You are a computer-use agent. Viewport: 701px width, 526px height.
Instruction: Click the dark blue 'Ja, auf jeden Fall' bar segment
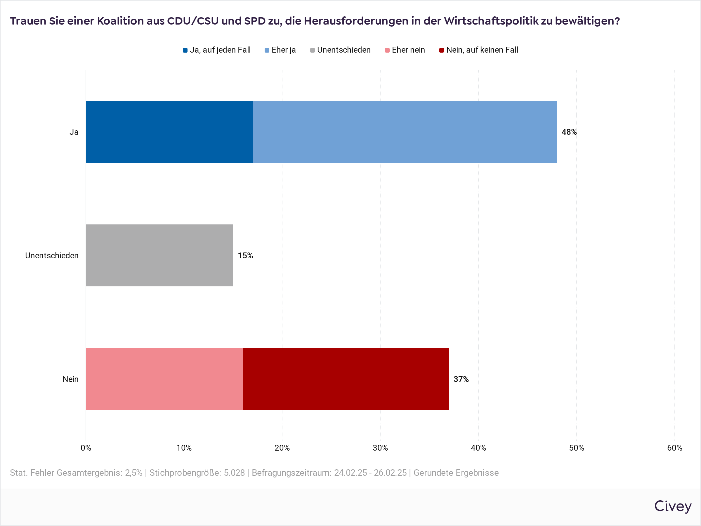(x=169, y=131)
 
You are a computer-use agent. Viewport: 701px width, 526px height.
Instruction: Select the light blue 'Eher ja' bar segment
(x=404, y=131)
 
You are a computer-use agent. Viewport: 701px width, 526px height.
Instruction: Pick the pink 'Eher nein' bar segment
(x=164, y=379)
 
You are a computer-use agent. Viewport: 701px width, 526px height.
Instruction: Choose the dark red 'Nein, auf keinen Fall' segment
(x=346, y=379)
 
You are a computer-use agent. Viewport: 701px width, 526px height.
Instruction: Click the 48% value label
(x=569, y=132)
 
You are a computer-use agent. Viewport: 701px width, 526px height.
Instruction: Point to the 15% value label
(x=245, y=256)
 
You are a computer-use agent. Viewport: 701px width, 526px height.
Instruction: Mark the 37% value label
(x=461, y=379)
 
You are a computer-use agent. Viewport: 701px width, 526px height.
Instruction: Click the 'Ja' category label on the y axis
(x=74, y=132)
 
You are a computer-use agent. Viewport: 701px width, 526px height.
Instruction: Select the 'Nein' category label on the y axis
(x=70, y=379)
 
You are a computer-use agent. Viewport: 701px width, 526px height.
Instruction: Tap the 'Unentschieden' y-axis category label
(x=52, y=256)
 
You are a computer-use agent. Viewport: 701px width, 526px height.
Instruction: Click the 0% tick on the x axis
(x=86, y=448)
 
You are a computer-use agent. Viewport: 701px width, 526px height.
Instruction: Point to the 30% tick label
(x=380, y=448)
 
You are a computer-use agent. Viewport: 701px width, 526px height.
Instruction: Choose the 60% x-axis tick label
(x=674, y=448)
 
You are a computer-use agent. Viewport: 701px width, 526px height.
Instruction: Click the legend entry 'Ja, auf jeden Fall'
(x=217, y=50)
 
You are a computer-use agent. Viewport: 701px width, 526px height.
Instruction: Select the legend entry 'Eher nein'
(x=405, y=50)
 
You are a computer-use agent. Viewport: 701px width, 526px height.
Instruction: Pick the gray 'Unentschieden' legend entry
(x=340, y=50)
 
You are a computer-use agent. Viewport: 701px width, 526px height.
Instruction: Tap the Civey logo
(x=672, y=506)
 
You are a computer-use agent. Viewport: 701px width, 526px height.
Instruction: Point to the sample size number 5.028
(x=234, y=473)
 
